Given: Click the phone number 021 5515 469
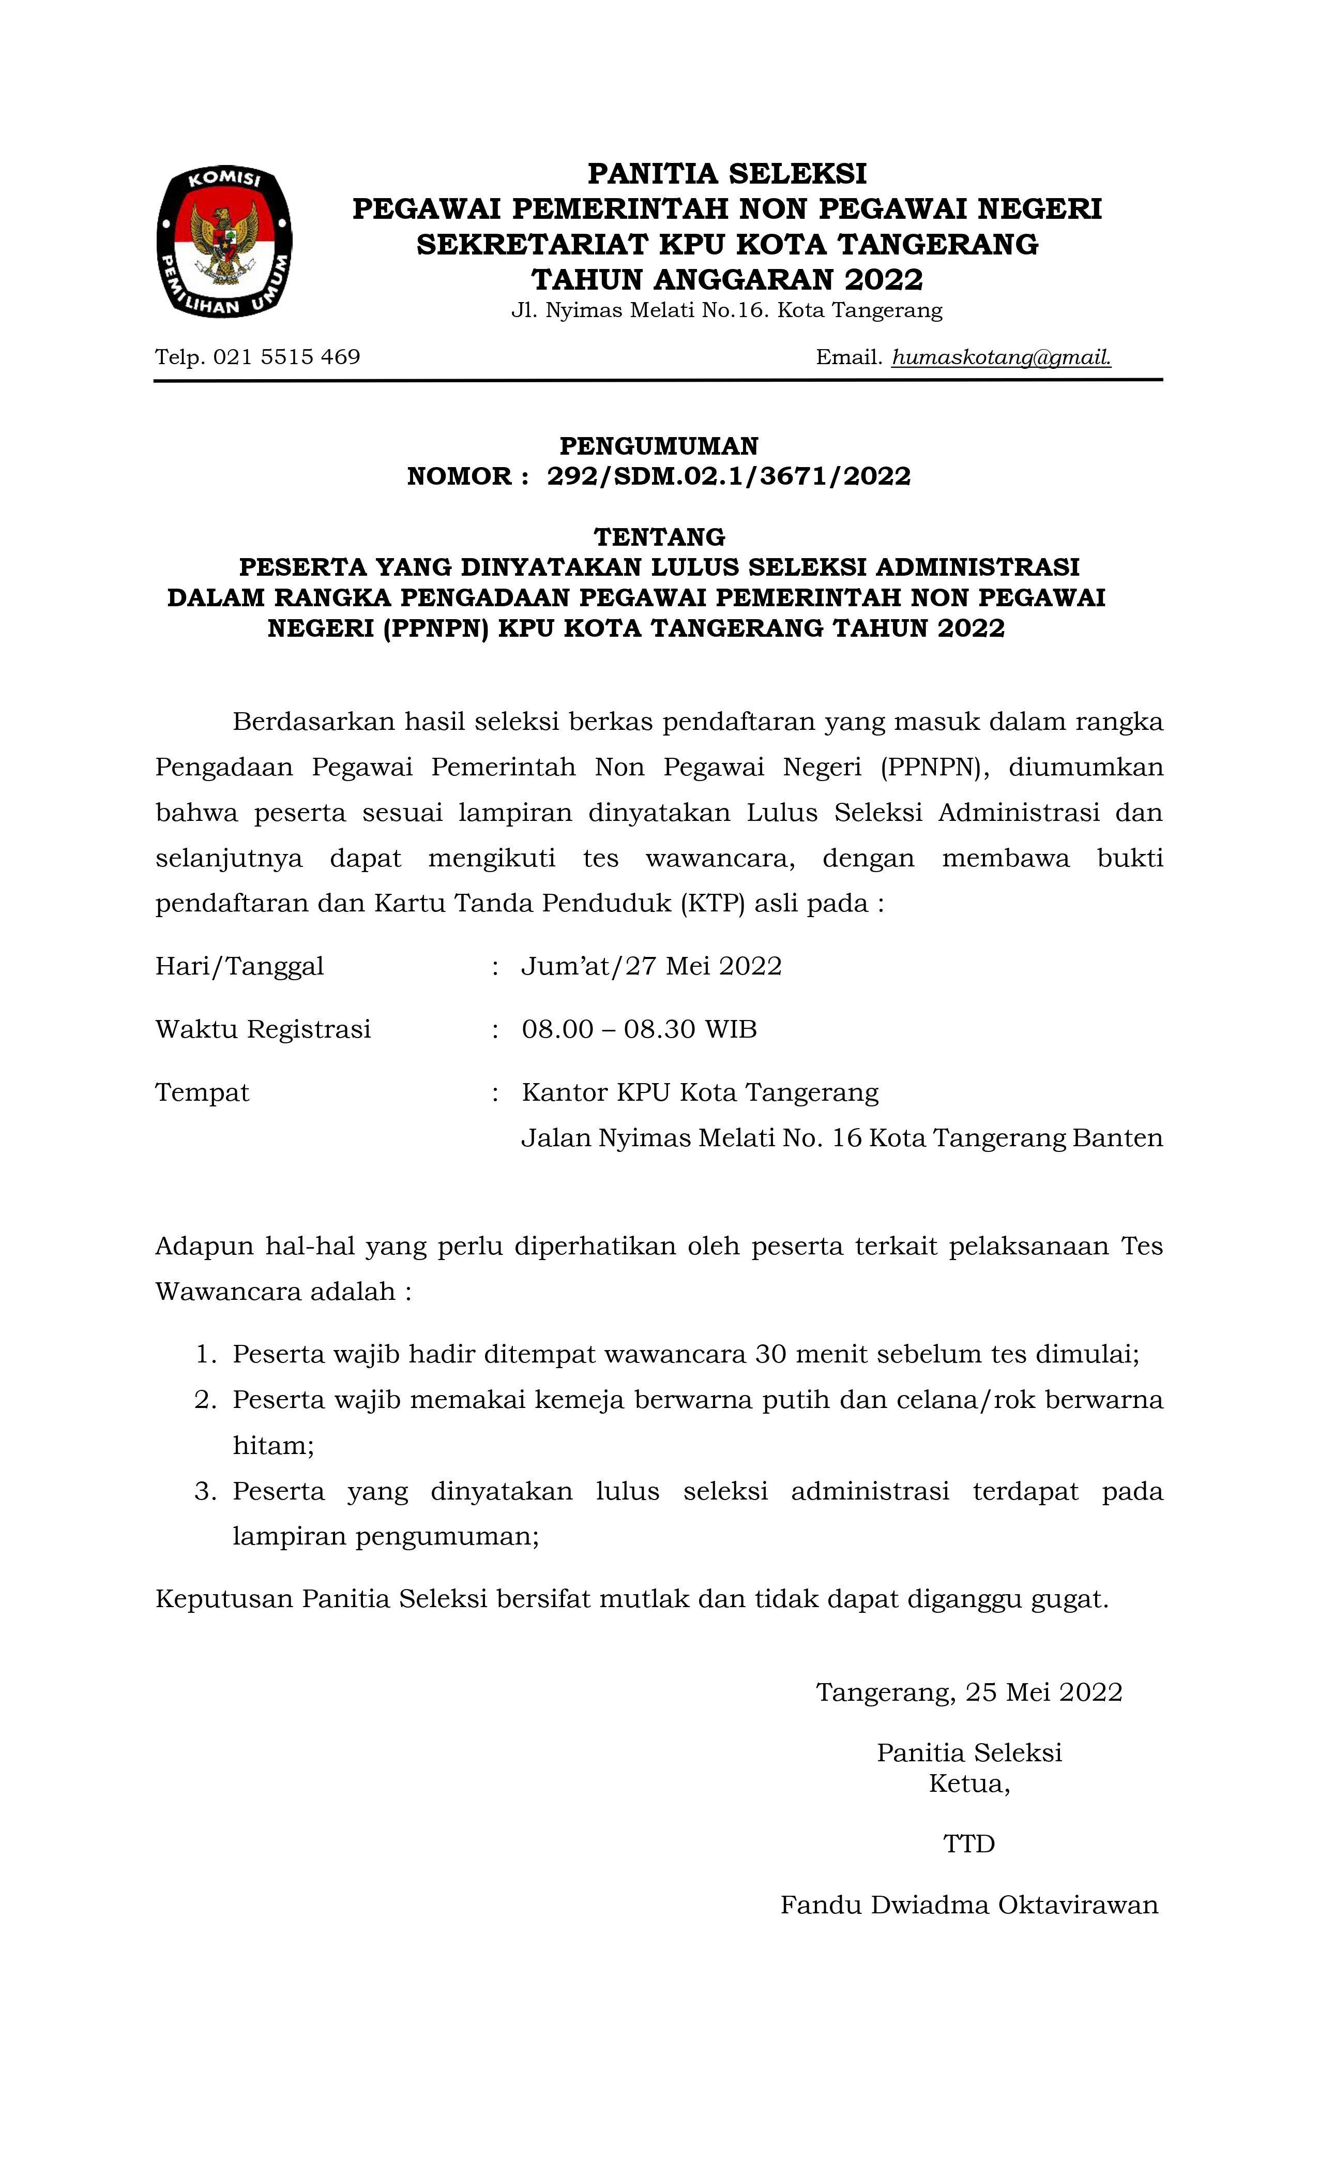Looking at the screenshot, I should pyautogui.click(x=286, y=357).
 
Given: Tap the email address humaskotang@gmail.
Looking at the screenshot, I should pyautogui.click(x=1000, y=357).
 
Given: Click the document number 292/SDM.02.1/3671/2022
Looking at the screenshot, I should pyautogui.click(x=729, y=476).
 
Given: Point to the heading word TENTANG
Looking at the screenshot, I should pyautogui.click(x=660, y=536).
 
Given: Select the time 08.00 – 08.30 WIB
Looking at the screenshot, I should pyautogui.click(x=639, y=1029).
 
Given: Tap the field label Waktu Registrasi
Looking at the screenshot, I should pyautogui.click(x=263, y=1029).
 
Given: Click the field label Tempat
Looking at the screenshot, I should pyautogui.click(x=202, y=1092).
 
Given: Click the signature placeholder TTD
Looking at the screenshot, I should pyautogui.click(x=969, y=1844).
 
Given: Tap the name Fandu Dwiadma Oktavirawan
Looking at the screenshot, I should pyautogui.click(x=969, y=1906).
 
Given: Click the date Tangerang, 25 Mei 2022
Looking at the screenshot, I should pyautogui.click(x=969, y=1692).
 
